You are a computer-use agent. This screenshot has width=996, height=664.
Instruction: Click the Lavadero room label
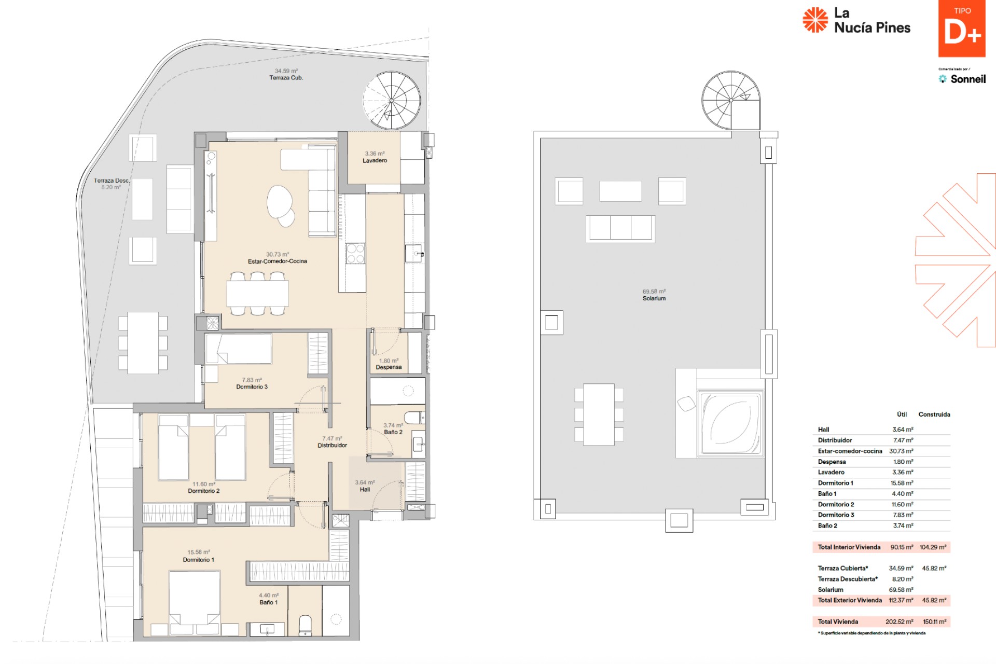tap(375, 161)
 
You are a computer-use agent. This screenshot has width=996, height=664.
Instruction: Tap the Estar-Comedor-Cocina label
tap(278, 261)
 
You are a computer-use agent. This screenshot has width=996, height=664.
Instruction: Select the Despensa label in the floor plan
tap(389, 367)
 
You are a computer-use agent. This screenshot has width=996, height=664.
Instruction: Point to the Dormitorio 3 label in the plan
tap(252, 387)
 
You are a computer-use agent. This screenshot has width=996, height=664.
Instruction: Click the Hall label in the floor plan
tap(365, 490)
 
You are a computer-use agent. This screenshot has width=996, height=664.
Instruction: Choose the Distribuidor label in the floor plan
tap(332, 446)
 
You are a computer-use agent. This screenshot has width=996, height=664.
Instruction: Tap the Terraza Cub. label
tap(286, 78)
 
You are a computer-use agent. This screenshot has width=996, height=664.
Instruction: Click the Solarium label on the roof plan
tap(654, 299)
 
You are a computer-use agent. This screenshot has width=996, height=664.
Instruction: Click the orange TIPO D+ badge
tap(962, 29)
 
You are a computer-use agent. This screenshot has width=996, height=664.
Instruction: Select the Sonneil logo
tap(962, 79)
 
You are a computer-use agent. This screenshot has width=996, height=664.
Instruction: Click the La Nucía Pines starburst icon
tap(815, 20)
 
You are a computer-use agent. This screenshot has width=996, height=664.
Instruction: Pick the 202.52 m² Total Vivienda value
tap(900, 622)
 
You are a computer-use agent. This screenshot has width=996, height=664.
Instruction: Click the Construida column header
tap(934, 414)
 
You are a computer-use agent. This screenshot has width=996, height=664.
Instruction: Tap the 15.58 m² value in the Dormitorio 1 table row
tap(902, 483)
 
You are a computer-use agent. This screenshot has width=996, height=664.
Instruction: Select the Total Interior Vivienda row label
tap(849, 547)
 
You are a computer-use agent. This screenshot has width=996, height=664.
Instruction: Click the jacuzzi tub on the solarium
tap(730, 423)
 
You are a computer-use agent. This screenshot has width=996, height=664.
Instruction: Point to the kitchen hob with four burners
tap(355, 254)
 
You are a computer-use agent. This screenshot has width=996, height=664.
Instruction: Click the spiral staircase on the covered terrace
tap(392, 100)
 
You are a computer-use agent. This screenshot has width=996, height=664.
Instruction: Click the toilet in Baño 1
tap(305, 626)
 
